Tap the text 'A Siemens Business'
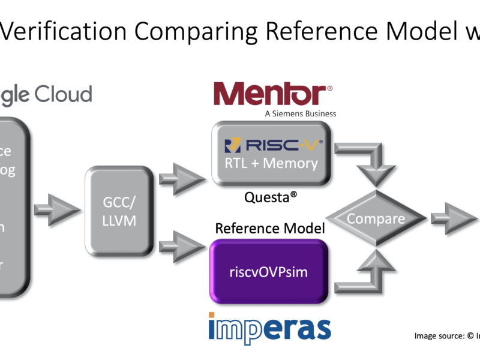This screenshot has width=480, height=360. pos(301,113)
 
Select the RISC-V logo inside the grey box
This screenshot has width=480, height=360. pos(273,146)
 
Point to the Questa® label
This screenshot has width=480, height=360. pos(271,199)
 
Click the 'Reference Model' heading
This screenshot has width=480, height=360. pos(270,228)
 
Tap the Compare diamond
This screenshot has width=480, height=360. pos(375,218)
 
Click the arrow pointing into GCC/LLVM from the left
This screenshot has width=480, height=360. pos(57,210)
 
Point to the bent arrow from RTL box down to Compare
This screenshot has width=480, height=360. pos(366,159)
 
